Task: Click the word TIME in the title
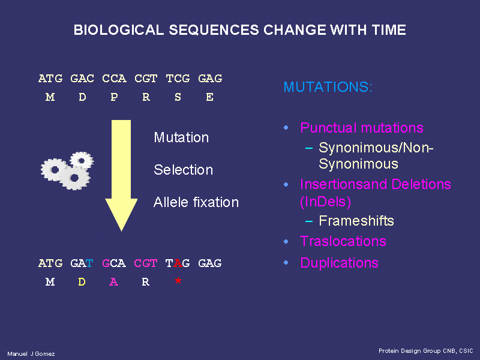[388, 30]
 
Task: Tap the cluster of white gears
[67, 170]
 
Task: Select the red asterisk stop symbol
[178, 281]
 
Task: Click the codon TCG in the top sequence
[178, 79]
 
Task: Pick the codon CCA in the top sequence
[114, 79]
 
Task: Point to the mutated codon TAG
[178, 263]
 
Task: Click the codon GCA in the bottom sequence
[114, 263]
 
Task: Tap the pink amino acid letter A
[113, 281]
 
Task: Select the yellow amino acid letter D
[82, 281]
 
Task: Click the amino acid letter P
[114, 97]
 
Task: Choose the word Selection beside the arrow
[183, 170]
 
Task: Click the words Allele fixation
[196, 202]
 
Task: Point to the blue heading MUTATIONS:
[328, 87]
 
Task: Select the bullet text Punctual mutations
[362, 128]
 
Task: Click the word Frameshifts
[356, 221]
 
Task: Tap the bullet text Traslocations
[343, 241]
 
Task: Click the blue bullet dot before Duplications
[286, 263]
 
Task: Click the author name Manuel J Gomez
[31, 354]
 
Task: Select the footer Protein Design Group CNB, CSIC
[426, 351]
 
